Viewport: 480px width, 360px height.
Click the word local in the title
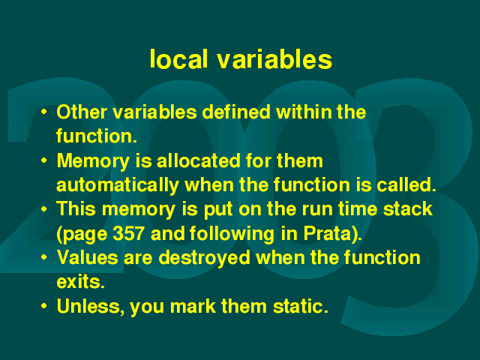point(178,58)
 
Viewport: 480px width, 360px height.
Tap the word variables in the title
point(275,58)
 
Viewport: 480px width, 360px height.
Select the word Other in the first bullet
point(82,112)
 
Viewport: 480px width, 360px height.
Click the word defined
point(236,112)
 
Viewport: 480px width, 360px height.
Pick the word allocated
point(198,160)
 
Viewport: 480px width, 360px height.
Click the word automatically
point(118,185)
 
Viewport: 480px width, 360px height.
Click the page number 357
point(128,233)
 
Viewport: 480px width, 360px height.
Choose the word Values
point(87,257)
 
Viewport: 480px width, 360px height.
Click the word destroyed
point(204,258)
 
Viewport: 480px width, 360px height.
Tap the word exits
point(80,282)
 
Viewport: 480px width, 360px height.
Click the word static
point(300,306)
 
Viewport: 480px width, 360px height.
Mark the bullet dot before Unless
point(44,306)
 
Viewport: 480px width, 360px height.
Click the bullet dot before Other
point(44,112)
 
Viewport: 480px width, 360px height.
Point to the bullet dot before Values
point(44,257)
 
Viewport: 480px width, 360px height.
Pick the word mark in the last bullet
point(193,306)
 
